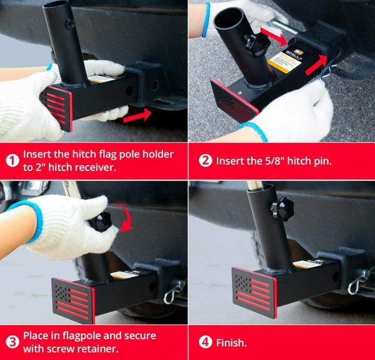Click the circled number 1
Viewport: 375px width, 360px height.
point(12,161)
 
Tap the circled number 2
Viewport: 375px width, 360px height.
point(206,161)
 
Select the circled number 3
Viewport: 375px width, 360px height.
point(12,342)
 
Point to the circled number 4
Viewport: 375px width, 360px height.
point(206,342)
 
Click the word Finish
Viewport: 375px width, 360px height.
point(231,342)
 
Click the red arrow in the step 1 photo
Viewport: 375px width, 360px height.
point(137,115)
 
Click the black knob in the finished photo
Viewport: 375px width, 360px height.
point(282,209)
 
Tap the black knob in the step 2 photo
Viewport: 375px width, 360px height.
point(257,45)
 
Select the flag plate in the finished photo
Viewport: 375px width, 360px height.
point(254,292)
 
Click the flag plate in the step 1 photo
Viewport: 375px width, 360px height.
point(57,108)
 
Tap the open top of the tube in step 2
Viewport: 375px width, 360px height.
point(228,17)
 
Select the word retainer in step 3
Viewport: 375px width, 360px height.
point(102,349)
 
